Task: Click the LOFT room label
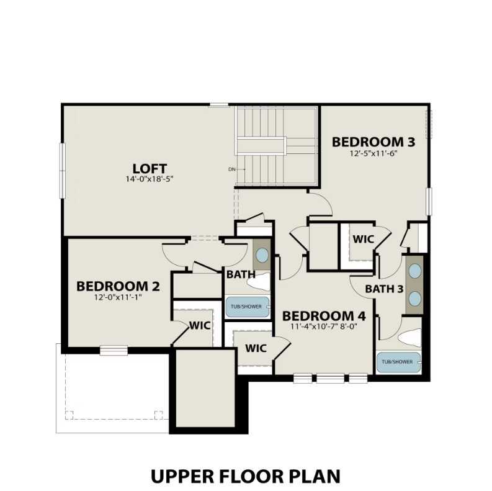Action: click(x=150, y=168)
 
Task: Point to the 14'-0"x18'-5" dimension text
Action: click(x=150, y=179)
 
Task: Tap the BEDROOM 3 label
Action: click(x=373, y=142)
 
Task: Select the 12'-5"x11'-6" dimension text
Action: click(x=373, y=153)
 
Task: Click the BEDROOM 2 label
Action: click(x=118, y=286)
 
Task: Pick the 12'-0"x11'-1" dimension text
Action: click(x=118, y=297)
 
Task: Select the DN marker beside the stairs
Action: click(x=231, y=169)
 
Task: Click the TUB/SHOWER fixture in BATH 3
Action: click(x=398, y=362)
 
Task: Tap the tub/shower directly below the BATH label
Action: click(x=247, y=306)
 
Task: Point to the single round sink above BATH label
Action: click(x=262, y=255)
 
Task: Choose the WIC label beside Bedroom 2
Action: click(x=199, y=325)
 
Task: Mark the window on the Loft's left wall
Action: click(x=62, y=171)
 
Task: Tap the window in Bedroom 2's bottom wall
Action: click(x=114, y=351)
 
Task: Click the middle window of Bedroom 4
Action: click(x=329, y=377)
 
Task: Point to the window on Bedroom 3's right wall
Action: click(x=428, y=202)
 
